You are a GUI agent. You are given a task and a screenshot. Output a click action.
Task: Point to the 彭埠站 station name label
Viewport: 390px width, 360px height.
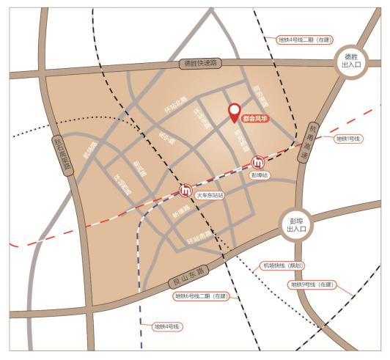pyautogui.click(x=260, y=176)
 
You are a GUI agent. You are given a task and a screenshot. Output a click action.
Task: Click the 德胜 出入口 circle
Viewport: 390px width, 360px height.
pyautogui.click(x=348, y=60)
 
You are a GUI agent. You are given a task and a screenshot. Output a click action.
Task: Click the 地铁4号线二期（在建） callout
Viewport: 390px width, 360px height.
pyautogui.click(x=304, y=40)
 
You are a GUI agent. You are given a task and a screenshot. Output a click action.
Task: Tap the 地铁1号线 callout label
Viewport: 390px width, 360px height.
pyautogui.click(x=348, y=139)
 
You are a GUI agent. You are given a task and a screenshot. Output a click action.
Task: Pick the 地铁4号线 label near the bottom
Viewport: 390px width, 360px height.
pyautogui.click(x=167, y=326)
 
